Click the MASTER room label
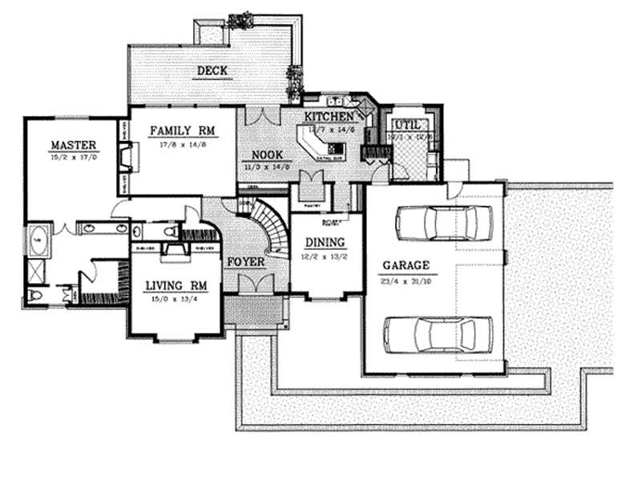click(73, 145)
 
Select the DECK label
click(212, 71)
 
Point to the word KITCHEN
click(328, 117)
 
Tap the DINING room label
click(324, 242)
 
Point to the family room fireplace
click(125, 158)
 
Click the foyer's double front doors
click(256, 284)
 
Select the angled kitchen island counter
click(319, 147)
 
